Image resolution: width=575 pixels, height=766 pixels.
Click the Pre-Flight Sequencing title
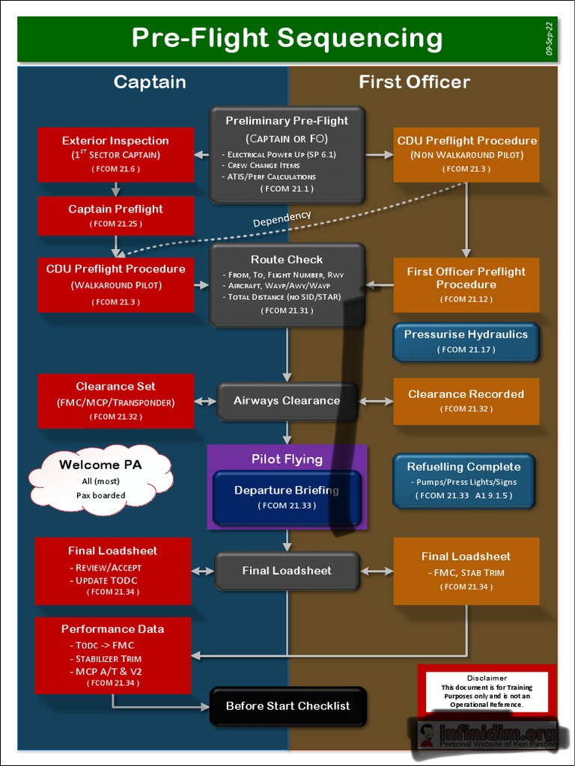pyautogui.click(x=287, y=38)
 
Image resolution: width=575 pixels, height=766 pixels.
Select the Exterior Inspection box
pyautogui.click(x=115, y=154)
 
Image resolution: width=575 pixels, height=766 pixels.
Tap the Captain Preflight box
pyautogui.click(x=115, y=215)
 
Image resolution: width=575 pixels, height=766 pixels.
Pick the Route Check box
pyautogui.click(x=287, y=284)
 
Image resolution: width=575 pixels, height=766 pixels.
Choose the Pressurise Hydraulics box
pyautogui.click(x=466, y=342)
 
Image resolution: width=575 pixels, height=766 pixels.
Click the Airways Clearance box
pyautogui.click(x=287, y=401)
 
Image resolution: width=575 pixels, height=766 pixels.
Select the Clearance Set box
pyautogui.click(x=115, y=401)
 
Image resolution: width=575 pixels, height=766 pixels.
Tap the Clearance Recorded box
pyautogui.click(x=466, y=401)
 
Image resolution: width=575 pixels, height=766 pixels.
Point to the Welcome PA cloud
pyautogui.click(x=101, y=478)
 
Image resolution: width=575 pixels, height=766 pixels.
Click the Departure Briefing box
pyautogui.click(x=287, y=497)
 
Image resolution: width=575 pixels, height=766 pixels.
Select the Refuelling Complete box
pyautogui.click(x=463, y=480)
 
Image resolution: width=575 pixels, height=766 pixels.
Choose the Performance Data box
pyautogui.click(x=113, y=655)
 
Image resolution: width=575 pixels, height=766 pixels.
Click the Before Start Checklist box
pyautogui.click(x=287, y=706)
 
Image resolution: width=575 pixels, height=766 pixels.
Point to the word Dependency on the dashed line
pyautogui.click(x=282, y=219)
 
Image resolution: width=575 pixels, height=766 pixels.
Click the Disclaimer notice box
pyautogui.click(x=487, y=691)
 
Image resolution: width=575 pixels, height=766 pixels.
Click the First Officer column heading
pyautogui.click(x=414, y=82)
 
